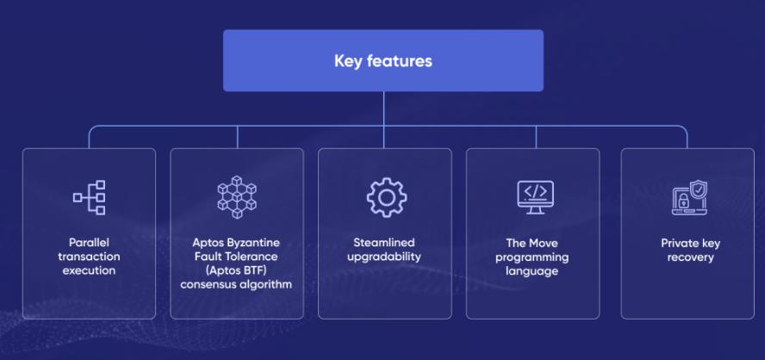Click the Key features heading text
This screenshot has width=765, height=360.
coord(383,61)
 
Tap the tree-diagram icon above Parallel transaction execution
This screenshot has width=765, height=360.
coord(90,197)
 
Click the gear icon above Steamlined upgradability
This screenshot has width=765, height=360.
coord(387,197)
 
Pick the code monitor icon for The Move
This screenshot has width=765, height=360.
coord(535,197)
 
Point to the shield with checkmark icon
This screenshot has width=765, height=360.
coord(698,189)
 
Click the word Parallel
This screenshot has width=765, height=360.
coord(89,242)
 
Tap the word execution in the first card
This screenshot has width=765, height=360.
coord(90,270)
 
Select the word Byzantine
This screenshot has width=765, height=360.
coord(257,242)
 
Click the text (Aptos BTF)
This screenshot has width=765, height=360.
coord(237,270)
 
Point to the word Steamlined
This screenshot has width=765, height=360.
coord(384,242)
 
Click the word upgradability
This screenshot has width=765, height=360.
coord(384,257)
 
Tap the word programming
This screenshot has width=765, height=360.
coord(532,257)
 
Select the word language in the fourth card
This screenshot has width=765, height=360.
coord(532,270)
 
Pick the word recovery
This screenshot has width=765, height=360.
coord(690,257)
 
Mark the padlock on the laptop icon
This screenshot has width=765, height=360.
coord(684,200)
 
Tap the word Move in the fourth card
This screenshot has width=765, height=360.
coord(544,243)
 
